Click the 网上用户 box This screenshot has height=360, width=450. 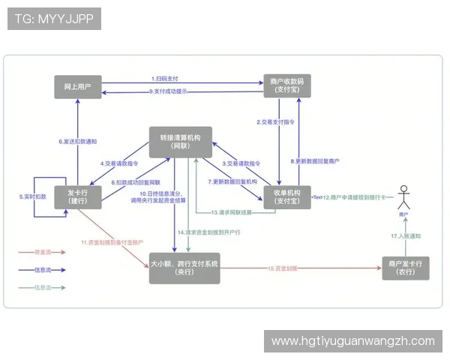77,86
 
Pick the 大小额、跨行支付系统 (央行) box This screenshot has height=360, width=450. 184,268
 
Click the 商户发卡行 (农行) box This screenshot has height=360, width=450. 406,268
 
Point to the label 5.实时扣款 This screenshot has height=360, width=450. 32,197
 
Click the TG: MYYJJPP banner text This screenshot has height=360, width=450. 53,18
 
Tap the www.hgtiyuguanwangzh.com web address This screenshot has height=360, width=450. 352,340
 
